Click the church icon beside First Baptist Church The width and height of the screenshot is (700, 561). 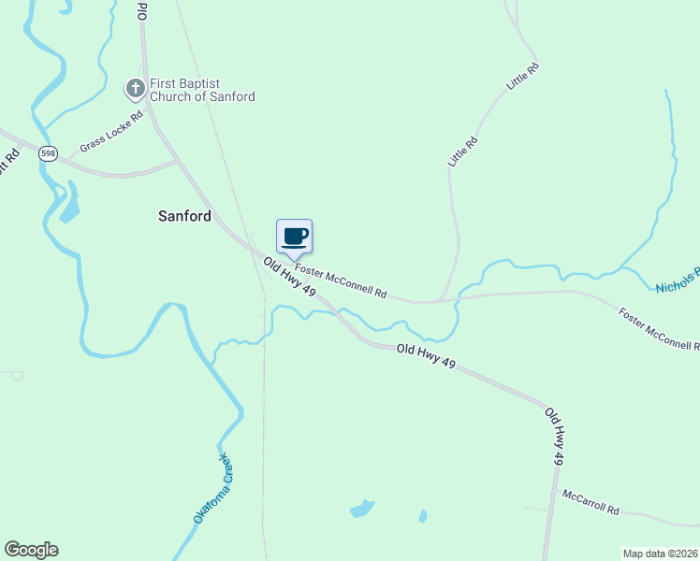(x=135, y=89)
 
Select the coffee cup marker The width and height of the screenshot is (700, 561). (x=294, y=237)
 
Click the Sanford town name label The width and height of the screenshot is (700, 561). (x=184, y=215)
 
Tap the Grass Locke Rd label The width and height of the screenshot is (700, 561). (x=111, y=132)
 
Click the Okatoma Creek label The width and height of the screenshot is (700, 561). (x=211, y=487)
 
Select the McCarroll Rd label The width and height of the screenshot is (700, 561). (x=590, y=502)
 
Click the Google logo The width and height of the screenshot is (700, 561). (x=31, y=550)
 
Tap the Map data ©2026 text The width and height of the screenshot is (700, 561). (x=660, y=553)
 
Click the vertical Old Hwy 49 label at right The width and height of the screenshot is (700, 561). (x=554, y=436)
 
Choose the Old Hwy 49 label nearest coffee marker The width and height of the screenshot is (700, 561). (x=289, y=278)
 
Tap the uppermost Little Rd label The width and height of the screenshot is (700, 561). (x=523, y=76)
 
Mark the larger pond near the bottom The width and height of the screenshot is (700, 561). (x=361, y=510)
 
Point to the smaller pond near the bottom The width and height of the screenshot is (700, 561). (x=423, y=515)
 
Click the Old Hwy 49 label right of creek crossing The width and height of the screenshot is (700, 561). (x=426, y=356)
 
